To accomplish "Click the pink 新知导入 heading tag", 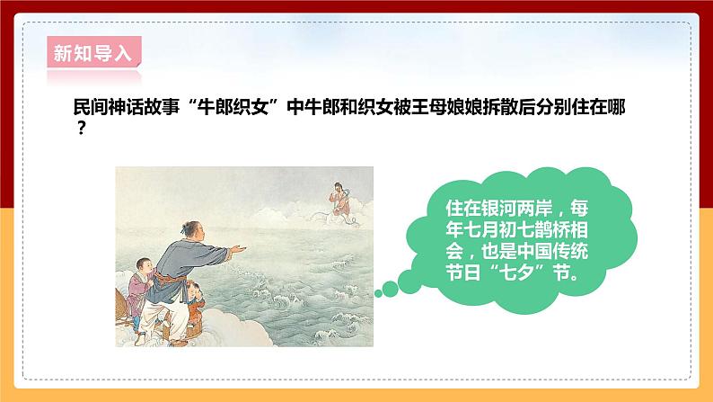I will [x=92, y=52].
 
